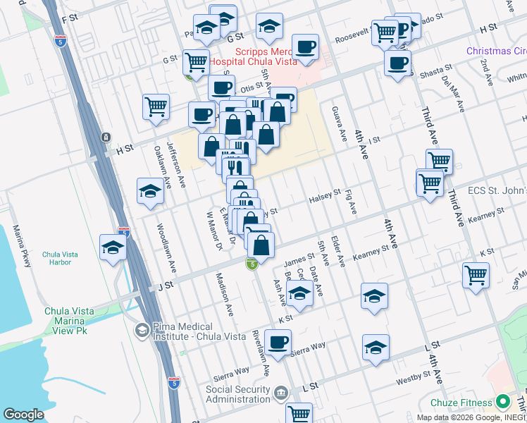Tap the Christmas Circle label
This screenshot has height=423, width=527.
(496, 51)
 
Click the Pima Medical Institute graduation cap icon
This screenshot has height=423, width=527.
(142, 329)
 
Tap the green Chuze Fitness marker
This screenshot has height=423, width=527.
(502, 403)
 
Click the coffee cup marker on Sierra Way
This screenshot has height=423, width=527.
(278, 343)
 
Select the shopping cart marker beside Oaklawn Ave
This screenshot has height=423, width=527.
(156, 107)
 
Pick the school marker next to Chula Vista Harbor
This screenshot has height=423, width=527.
(113, 247)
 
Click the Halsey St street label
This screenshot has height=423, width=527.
(325, 197)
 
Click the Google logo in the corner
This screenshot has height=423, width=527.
(23, 414)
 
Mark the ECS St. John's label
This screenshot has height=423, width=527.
(496, 191)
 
